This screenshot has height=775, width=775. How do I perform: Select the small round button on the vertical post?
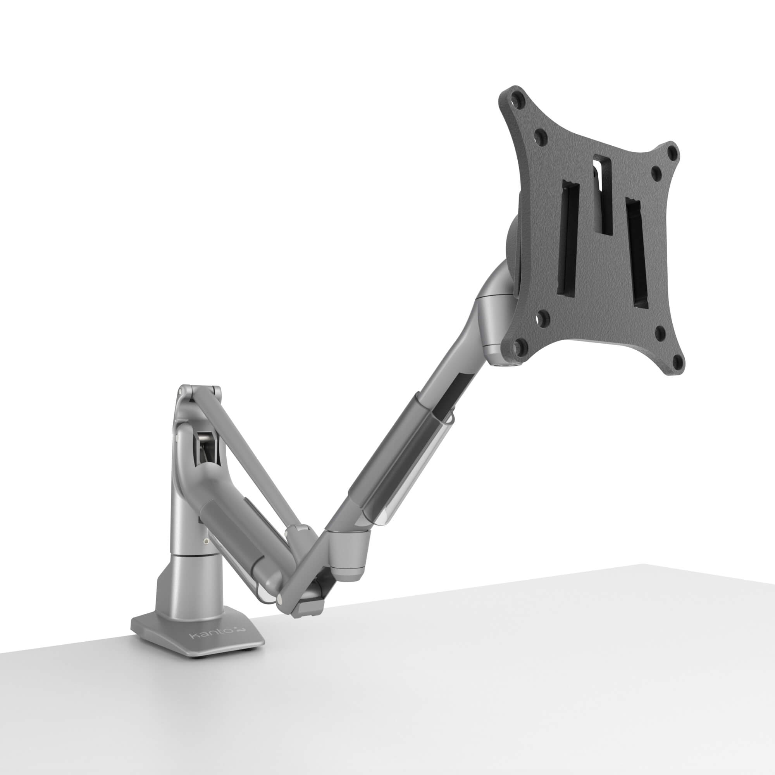(x=206, y=542)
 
